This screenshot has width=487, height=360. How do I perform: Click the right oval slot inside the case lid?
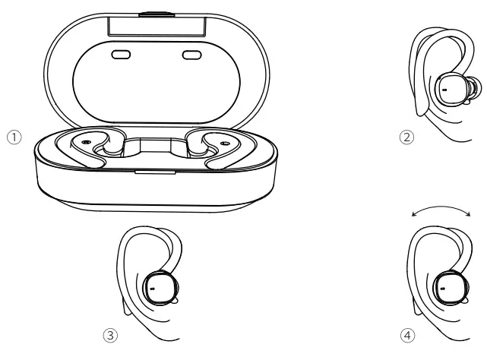[190, 55]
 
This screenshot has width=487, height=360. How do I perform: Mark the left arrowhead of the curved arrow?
[412, 216]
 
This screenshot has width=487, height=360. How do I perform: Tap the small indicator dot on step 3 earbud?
[152, 289]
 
